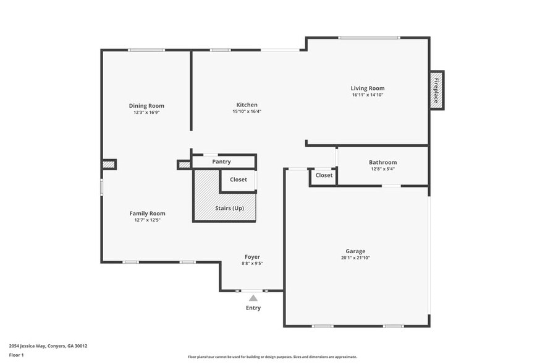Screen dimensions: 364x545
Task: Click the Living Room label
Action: (x=368, y=89)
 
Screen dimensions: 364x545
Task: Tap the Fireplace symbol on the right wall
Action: (x=436, y=90)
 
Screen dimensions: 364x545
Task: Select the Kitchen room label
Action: (x=247, y=105)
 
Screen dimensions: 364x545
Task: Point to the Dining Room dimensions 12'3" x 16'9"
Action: (x=146, y=113)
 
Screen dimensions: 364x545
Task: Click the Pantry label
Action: (x=221, y=162)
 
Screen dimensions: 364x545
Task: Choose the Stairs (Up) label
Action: (x=229, y=208)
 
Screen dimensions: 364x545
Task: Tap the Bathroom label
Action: (x=383, y=162)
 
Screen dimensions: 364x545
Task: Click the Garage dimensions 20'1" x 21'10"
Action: (x=355, y=258)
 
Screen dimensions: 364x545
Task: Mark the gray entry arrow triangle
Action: (x=253, y=298)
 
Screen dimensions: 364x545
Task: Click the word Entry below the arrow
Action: (x=253, y=308)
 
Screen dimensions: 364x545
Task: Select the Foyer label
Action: (x=252, y=257)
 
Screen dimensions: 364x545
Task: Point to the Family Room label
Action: (x=147, y=214)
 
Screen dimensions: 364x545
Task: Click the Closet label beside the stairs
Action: (x=239, y=180)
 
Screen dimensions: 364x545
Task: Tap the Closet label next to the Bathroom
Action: (x=324, y=175)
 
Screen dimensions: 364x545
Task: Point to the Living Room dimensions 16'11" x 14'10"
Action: (x=368, y=95)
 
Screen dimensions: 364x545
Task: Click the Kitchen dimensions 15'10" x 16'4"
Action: (x=247, y=112)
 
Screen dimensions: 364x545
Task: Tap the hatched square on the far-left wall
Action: (x=109, y=165)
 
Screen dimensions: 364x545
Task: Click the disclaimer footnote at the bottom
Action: (x=272, y=357)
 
